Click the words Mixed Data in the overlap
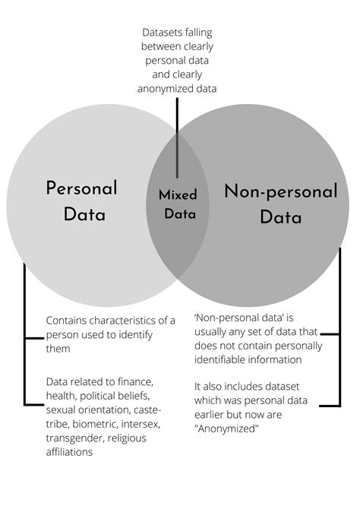coord(178,204)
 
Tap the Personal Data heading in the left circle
coord(82,201)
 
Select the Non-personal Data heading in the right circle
coord(281,204)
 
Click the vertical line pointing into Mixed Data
coord(177,138)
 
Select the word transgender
coord(75,438)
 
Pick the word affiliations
coord(69,452)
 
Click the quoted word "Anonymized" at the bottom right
coord(226,428)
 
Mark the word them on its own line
coord(58,349)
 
